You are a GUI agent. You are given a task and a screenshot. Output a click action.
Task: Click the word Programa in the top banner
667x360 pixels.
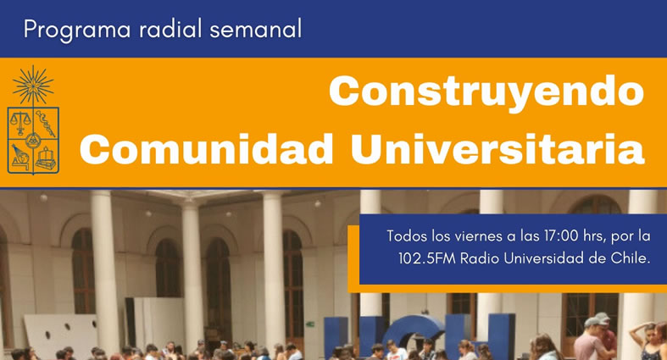click(77, 30)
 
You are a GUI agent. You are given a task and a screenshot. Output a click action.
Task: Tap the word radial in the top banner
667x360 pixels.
click(170, 29)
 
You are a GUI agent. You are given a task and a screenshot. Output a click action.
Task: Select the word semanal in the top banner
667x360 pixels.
click(256, 29)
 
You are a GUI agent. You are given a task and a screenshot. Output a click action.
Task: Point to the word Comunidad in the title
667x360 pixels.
click(206, 149)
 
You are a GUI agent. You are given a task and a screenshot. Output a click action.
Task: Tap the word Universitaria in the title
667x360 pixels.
click(497, 149)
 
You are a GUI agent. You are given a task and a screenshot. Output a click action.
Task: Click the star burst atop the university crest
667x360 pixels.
click(33, 85)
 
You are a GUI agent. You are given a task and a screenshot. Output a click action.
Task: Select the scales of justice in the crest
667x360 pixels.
click(20, 123)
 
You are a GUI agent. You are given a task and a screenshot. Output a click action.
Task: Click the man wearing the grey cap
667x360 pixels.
click(592, 339)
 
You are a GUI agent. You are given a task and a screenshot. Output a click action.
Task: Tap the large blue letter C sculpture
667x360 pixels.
click(412, 336)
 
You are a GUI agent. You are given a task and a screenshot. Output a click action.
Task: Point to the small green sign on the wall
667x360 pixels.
click(309, 324)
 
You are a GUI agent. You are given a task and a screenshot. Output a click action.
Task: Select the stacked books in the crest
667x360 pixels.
click(46, 158)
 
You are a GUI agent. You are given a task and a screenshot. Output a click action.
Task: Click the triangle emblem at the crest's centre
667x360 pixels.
click(33, 140)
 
